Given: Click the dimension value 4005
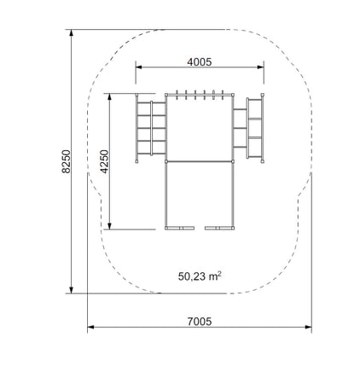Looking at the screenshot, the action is coord(199,61).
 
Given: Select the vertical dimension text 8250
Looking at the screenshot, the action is coord(66,161).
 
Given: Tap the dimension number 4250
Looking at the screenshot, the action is coord(105,161).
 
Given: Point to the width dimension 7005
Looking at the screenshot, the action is coord(200,322).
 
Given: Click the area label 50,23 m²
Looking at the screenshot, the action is coord(200,276).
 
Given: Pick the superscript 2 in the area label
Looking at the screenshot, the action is coord(219,274).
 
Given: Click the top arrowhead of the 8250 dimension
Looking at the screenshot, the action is coord(72,32).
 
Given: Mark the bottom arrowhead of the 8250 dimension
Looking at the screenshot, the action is coord(72,290).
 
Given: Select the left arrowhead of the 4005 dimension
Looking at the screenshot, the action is coord(139,67).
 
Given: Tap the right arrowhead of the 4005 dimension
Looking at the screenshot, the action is coord(260,67).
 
